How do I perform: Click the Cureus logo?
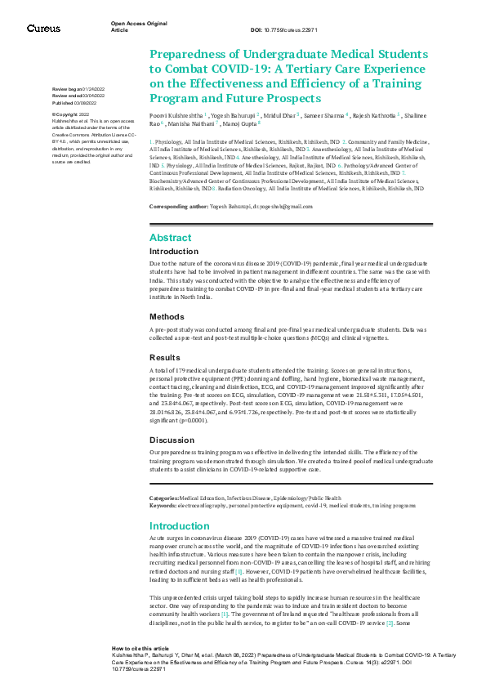tap(43, 28)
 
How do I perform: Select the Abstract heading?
tap(170, 238)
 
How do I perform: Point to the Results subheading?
tap(166, 357)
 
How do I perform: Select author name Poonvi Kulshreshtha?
tap(177, 117)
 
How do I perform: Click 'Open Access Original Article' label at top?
tap(134, 27)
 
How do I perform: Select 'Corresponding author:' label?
tap(178, 207)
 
